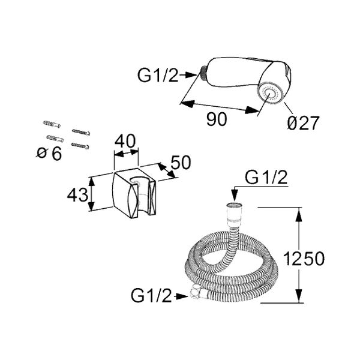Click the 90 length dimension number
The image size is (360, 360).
click(x=217, y=119)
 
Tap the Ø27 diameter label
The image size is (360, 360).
click(x=303, y=123)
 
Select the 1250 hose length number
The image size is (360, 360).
click(x=304, y=259)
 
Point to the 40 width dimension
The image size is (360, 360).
click(x=125, y=141)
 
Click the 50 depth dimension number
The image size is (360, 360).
click(x=181, y=163)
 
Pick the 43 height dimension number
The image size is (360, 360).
click(x=77, y=195)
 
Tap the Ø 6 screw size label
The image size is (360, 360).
click(x=49, y=154)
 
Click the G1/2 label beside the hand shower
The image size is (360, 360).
click(x=158, y=76)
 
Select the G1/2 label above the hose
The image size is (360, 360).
click(x=266, y=178)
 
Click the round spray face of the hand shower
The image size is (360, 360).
click(x=271, y=94)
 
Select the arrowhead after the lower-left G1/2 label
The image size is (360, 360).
click(x=182, y=296)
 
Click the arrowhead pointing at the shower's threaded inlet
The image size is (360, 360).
click(x=191, y=75)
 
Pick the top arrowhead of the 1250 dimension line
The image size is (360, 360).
click(x=298, y=215)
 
